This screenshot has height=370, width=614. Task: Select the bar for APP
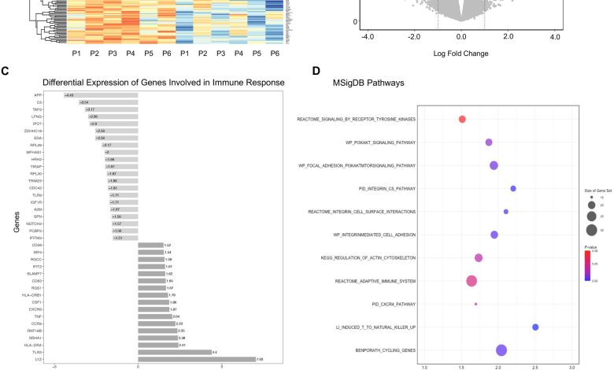(101, 95)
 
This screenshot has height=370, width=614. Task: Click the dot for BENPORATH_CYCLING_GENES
(501, 350)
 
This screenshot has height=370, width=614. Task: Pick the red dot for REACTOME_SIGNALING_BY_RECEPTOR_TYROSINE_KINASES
(462, 119)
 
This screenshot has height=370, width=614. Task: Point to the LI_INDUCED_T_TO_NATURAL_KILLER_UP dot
(535, 327)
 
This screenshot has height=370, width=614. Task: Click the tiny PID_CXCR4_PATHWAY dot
(475, 304)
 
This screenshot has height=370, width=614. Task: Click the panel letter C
(6, 72)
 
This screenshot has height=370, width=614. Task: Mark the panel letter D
(316, 72)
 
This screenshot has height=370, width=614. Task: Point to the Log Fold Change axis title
(460, 54)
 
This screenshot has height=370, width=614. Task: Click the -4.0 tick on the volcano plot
(367, 37)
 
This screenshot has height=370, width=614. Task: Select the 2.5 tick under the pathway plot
(535, 367)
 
